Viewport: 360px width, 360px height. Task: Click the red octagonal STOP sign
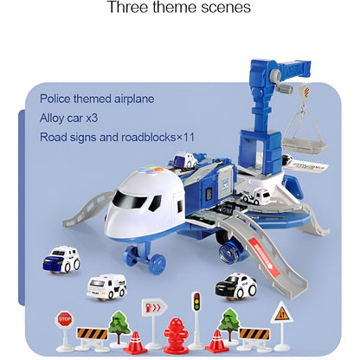point(65,319)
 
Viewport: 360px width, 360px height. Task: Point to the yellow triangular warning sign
point(281,312)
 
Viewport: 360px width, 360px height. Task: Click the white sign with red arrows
point(153,307)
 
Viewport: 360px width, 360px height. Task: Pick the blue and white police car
point(61,260)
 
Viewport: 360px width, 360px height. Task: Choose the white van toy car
point(107,286)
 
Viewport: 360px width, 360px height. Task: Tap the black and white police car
point(237,284)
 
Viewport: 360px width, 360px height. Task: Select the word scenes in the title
point(226,8)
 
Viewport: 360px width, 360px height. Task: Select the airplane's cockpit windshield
point(129,201)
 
